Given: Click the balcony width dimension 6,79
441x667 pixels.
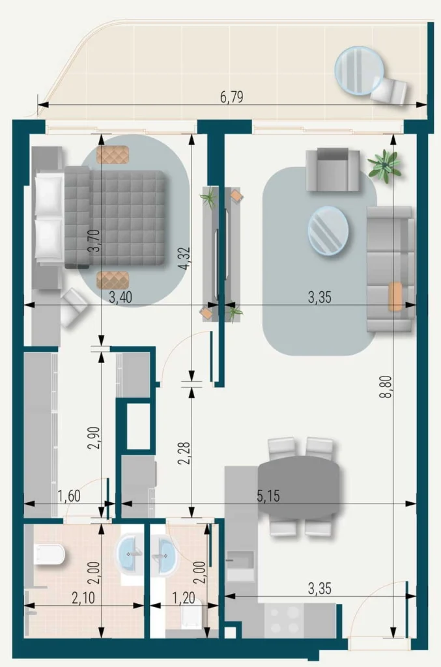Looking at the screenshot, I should pyautogui.click(x=232, y=98).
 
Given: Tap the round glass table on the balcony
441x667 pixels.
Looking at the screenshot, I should pyautogui.click(x=358, y=70).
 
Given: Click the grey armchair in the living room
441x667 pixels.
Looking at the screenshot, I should pyautogui.click(x=332, y=170).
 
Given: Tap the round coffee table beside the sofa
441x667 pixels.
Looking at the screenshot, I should pyautogui.click(x=328, y=231).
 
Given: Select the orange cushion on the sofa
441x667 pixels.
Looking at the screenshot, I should pyautogui.click(x=395, y=296).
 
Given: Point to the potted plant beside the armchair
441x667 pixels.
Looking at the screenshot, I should pyautogui.click(x=384, y=165).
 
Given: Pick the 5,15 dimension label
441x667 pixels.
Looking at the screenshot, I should pyautogui.click(x=268, y=497).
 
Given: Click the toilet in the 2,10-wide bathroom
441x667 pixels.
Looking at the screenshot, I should pyautogui.click(x=49, y=554).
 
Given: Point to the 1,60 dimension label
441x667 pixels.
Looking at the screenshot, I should pyautogui.click(x=68, y=497).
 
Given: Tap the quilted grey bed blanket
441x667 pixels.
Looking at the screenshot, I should pyautogui.click(x=124, y=218).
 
